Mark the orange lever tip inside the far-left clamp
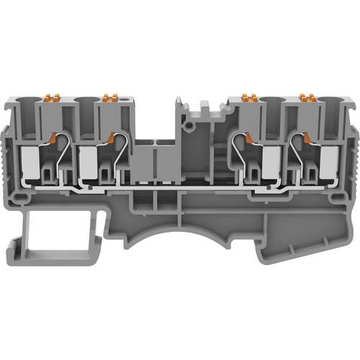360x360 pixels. point(52,135)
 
